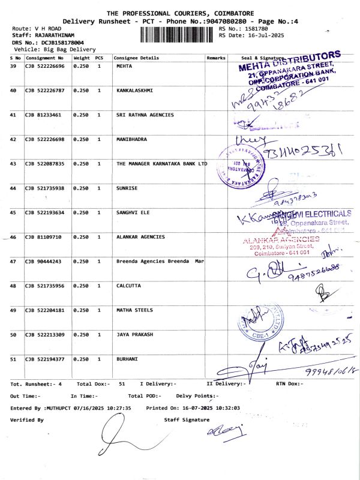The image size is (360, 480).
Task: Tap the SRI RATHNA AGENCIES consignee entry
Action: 145,115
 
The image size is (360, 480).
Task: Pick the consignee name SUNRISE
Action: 127,188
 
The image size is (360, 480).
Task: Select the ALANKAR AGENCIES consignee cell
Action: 140,237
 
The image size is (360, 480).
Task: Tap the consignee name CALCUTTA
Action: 128,286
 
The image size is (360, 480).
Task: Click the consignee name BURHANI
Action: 127,359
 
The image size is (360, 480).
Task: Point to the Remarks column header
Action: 215,58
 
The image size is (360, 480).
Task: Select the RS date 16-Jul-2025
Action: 252,35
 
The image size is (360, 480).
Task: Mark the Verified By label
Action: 27,420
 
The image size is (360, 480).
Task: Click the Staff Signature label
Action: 187,420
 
